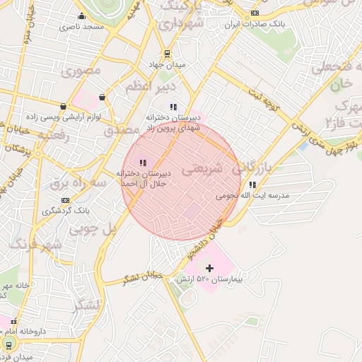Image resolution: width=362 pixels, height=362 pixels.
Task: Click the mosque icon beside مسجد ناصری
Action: click(x=81, y=16)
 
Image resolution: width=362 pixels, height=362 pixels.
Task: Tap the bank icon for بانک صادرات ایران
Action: click(x=255, y=13)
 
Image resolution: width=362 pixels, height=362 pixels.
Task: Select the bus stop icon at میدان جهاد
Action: click(x=167, y=53)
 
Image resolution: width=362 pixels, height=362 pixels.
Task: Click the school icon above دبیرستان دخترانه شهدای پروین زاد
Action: click(x=173, y=107)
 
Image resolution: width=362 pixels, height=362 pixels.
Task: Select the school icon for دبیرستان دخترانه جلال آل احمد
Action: click(x=144, y=163)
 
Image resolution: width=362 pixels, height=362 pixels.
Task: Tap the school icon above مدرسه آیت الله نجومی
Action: click(x=252, y=185)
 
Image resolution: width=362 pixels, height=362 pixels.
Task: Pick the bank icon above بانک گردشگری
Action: click(x=66, y=200)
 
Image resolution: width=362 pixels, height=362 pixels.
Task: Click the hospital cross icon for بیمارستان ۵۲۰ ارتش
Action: click(x=209, y=267)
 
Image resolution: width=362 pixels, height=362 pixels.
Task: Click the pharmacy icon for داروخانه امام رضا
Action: click(x=13, y=321)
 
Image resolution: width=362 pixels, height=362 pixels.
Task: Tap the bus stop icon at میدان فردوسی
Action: click(x=8, y=345)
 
